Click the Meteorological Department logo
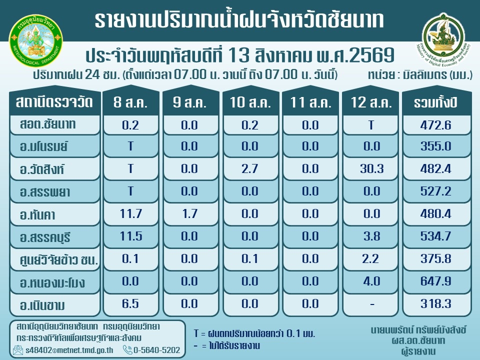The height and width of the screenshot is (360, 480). pos(36,41)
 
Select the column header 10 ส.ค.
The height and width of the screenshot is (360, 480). pos(250,102)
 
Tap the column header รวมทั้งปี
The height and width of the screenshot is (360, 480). pos(436,102)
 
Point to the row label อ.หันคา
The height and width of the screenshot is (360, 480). pos(37,214)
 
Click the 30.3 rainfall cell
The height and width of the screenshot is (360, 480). pos(371,168)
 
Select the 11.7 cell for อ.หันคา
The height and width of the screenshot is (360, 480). pos(130,213)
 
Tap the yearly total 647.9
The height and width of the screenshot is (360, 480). pos(436,281)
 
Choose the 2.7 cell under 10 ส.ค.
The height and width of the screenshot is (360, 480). pos(250,168)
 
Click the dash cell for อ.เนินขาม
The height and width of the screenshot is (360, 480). pos(372,304)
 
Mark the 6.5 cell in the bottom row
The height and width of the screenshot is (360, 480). pos(130,303)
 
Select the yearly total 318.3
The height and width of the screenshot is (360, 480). pos(436,303)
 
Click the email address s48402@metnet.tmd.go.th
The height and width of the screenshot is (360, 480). pos(69,350)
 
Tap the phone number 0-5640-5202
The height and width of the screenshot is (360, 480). pos(156,350)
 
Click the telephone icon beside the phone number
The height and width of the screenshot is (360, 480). pos(127,349)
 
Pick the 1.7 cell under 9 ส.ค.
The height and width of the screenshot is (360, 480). pos(190,213)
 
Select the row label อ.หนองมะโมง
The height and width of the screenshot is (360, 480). pos(52,282)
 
